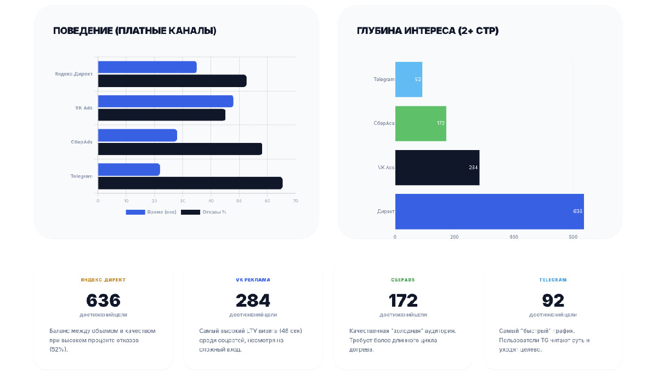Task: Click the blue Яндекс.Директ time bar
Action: pyautogui.click(x=147, y=67)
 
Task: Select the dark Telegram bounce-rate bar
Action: pyautogui.click(x=190, y=183)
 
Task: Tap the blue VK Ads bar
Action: pyautogui.click(x=166, y=101)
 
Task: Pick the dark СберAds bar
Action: pyautogui.click(x=180, y=149)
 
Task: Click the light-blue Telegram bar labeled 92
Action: pyautogui.click(x=409, y=79)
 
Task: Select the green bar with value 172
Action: pyautogui.click(x=421, y=123)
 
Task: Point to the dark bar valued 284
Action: pyautogui.click(x=437, y=167)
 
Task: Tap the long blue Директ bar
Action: pyautogui.click(x=489, y=211)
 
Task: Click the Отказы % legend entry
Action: pyautogui.click(x=204, y=212)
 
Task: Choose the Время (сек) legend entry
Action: pyautogui.click(x=151, y=212)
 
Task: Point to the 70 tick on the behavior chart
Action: pyautogui.click(x=295, y=201)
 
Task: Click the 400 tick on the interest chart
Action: pyautogui.click(x=513, y=237)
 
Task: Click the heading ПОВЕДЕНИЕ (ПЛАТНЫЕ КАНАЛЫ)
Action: pyautogui.click(x=135, y=31)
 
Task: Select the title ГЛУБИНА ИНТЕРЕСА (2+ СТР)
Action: pyautogui.click(x=428, y=31)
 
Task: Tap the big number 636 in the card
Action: pyautogui.click(x=103, y=300)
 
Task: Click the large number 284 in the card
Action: pyautogui.click(x=253, y=300)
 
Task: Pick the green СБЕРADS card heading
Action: pyautogui.click(x=403, y=280)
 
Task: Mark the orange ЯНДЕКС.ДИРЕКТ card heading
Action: pyautogui.click(x=103, y=280)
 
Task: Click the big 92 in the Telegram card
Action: pyautogui.click(x=553, y=300)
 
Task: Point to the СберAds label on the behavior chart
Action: pyautogui.click(x=81, y=142)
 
